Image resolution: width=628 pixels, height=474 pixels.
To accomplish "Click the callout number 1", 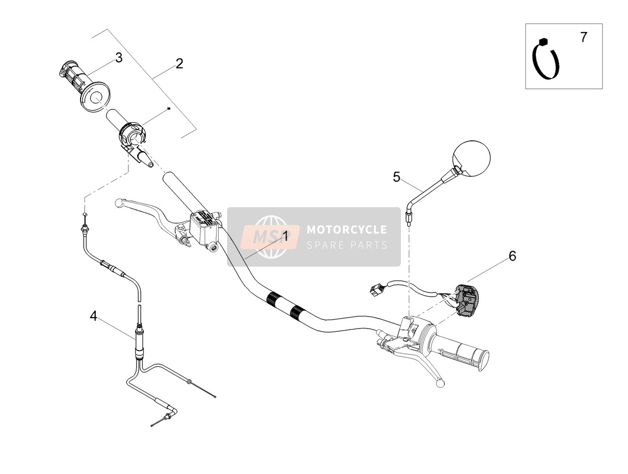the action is (x=285, y=236).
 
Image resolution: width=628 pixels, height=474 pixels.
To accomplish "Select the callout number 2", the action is (x=180, y=63).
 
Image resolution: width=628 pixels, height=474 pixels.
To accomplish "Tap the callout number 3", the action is (x=119, y=58).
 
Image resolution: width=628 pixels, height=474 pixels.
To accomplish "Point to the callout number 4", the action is (x=94, y=316).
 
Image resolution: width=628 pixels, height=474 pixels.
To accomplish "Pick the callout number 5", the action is (x=396, y=177).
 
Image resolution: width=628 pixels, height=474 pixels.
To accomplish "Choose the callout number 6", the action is (x=512, y=256).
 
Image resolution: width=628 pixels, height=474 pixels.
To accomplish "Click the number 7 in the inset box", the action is (x=584, y=37).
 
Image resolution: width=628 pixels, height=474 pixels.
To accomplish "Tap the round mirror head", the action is (x=471, y=157).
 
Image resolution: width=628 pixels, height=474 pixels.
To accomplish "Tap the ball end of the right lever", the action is (x=440, y=383).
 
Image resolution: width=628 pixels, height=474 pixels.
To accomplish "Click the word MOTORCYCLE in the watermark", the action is (x=346, y=230).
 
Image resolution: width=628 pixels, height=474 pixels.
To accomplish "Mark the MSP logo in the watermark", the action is (x=270, y=236).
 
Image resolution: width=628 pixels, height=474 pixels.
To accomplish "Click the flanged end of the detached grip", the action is (x=95, y=97).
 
